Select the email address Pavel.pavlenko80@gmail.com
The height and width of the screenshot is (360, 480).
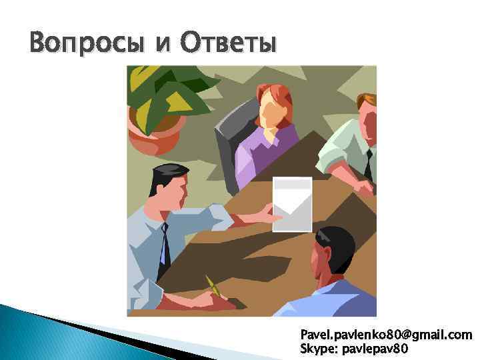[386, 334]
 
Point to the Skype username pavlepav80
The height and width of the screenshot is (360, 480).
[381, 348]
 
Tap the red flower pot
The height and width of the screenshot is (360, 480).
[155, 137]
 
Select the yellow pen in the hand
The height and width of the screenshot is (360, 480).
[214, 287]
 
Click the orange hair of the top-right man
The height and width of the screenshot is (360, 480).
[367, 101]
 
